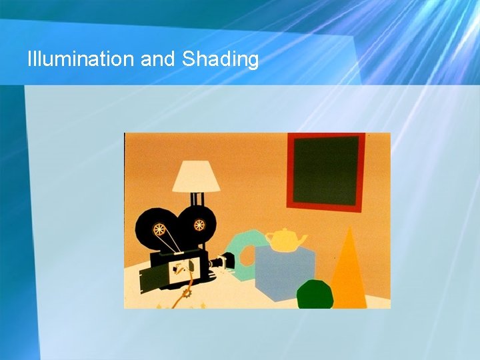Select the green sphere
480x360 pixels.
pyautogui.click(x=315, y=294)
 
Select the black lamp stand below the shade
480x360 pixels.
pyautogui.click(x=196, y=199)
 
